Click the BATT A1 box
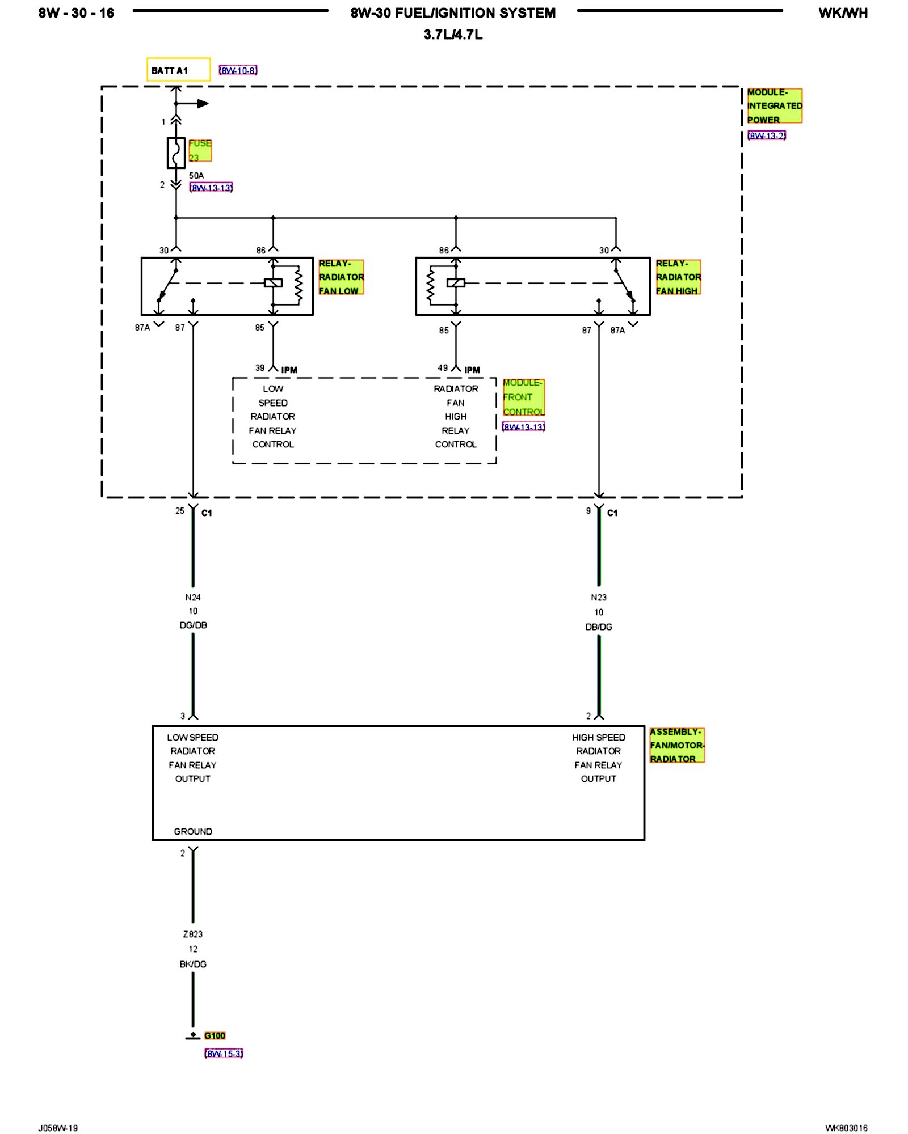pos(178,70)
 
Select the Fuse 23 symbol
pos(176,153)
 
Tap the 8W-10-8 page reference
pos(238,70)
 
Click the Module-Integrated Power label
pos(774,106)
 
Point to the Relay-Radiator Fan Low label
pos(340,277)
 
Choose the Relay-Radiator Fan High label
pos(678,277)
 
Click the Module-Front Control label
pos(523,397)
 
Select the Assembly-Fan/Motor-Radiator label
pos(677,745)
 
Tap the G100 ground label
pos(215,1036)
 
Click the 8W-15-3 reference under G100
pos(224,1053)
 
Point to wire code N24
pos(193,598)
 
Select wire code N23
pos(599,598)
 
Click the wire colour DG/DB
pos(193,625)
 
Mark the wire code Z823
pos(193,934)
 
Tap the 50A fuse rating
pos(196,176)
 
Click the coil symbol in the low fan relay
pos(273,283)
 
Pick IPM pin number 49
pos(443,368)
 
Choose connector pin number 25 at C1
pos(180,511)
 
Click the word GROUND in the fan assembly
pos(193,832)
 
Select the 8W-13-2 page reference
pos(767,136)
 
